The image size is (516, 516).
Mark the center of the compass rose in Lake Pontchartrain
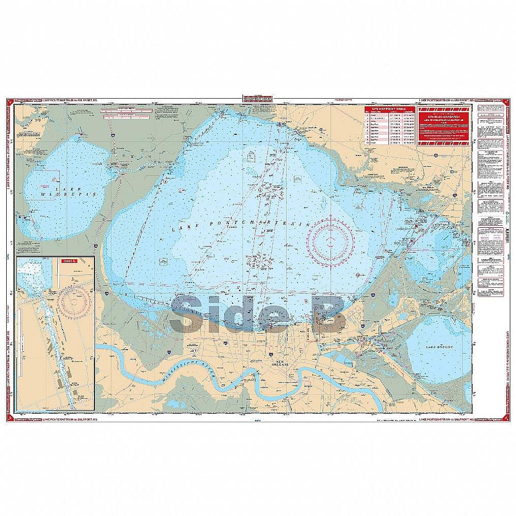331,238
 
